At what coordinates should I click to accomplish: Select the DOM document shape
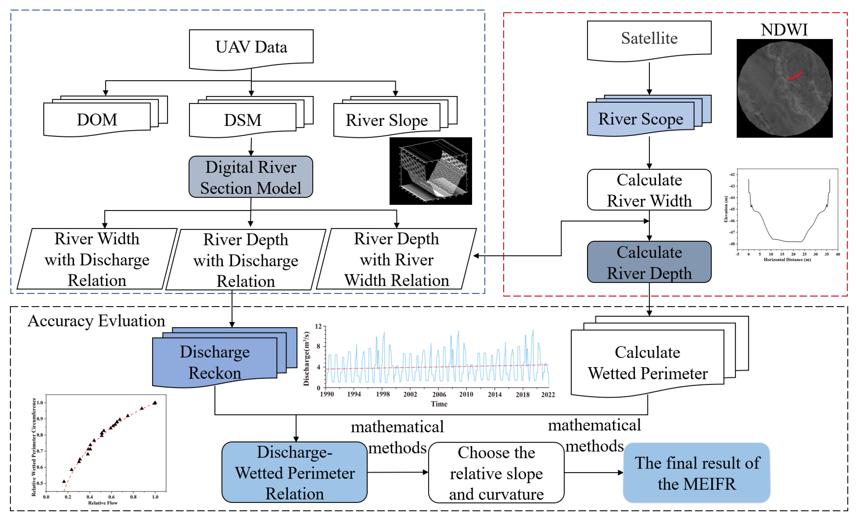tap(97, 120)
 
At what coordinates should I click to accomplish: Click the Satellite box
tap(649, 39)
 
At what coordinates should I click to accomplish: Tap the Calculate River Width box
tap(649, 190)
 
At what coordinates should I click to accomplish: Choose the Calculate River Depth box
tap(649, 262)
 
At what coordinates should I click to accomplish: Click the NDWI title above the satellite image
tap(784, 30)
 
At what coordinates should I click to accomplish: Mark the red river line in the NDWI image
tap(794, 76)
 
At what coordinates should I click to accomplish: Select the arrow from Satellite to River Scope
tap(649, 78)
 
